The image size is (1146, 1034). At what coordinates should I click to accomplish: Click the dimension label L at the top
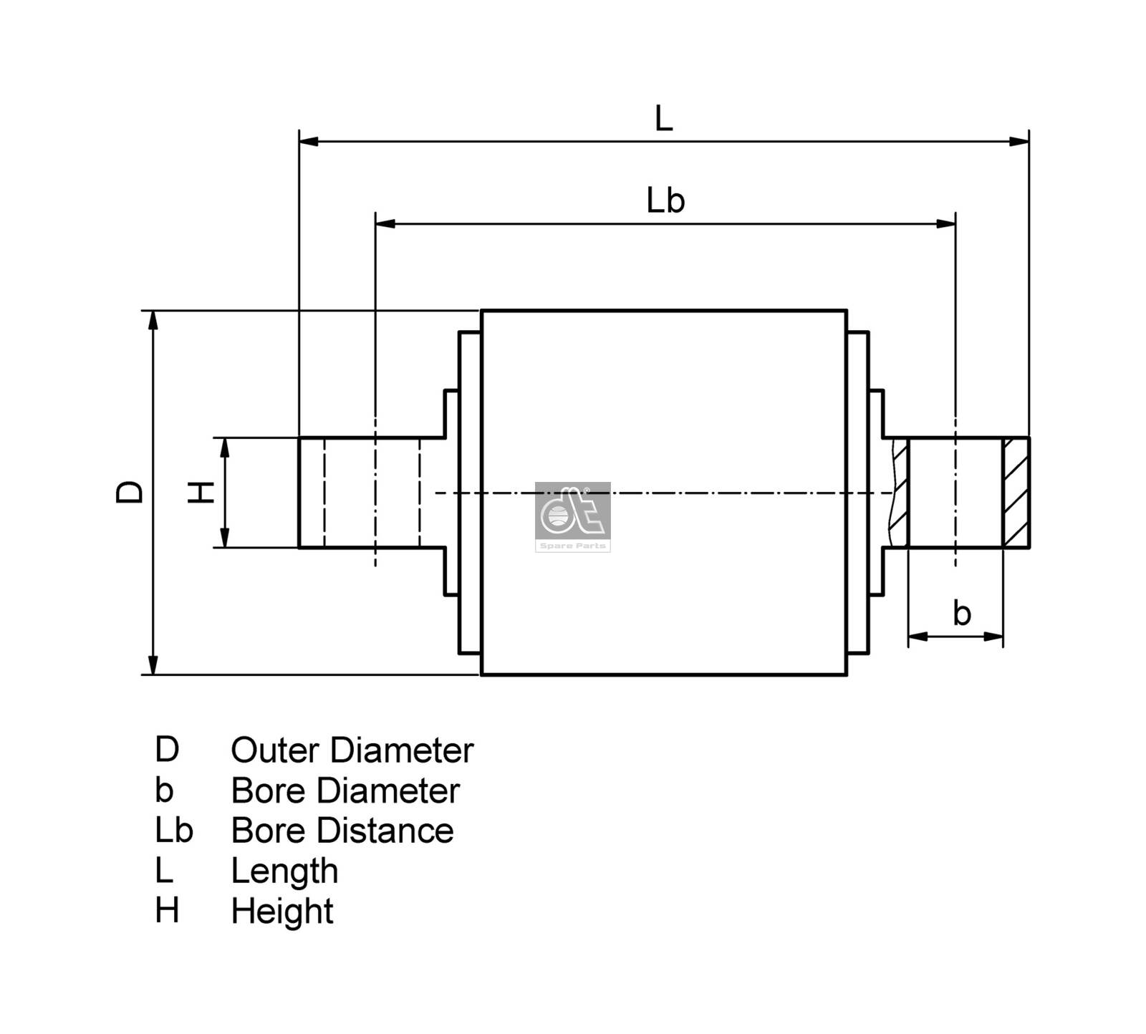click(663, 119)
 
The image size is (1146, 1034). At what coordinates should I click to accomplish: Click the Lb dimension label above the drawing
click(665, 200)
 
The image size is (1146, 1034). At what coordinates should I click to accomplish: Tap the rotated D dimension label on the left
click(130, 493)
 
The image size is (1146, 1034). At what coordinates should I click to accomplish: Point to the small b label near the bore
click(961, 614)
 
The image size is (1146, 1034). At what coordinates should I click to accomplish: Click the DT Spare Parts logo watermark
click(573, 516)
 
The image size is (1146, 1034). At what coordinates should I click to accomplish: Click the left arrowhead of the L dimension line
click(309, 142)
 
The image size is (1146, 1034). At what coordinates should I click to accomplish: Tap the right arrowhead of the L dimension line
click(1019, 142)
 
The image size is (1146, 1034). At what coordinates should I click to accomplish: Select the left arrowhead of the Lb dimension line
click(385, 224)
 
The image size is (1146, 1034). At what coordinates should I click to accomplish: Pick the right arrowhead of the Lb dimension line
click(945, 224)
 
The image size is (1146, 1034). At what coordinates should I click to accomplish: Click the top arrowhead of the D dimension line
click(153, 320)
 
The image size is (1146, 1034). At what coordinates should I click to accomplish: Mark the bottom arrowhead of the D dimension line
click(153, 665)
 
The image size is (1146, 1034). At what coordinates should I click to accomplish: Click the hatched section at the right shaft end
click(1016, 493)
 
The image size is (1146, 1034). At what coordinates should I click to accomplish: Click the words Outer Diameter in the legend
click(352, 750)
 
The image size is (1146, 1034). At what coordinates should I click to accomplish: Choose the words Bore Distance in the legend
click(342, 831)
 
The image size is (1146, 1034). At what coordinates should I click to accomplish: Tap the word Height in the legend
click(281, 912)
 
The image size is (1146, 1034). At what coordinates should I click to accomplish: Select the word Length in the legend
click(284, 871)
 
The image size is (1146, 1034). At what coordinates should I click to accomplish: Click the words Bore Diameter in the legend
click(345, 791)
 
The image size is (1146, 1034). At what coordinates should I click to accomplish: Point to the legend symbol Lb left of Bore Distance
click(173, 831)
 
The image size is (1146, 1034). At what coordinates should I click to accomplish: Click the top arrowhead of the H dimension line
click(225, 447)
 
